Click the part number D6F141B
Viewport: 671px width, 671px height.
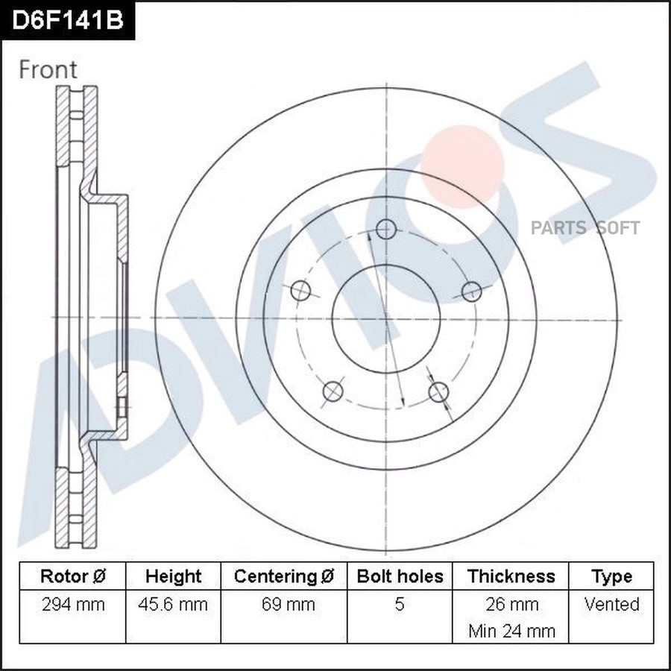(67, 20)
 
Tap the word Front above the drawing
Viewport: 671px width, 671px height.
(48, 69)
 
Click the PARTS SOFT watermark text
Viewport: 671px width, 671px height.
(585, 228)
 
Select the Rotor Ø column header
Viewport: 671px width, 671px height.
(72, 576)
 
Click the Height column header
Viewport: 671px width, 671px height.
(173, 576)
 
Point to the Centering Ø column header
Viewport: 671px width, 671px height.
(284, 576)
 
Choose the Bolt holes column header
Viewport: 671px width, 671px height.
(400, 576)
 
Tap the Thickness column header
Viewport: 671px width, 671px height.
(511, 576)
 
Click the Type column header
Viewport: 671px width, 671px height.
(611, 576)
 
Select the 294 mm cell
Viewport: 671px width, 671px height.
(72, 604)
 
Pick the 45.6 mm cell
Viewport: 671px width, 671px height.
(173, 604)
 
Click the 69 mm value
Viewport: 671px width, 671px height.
(284, 604)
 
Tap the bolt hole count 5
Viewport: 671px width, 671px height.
(400, 604)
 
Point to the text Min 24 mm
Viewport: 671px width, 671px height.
(511, 631)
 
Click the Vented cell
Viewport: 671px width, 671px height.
(611, 604)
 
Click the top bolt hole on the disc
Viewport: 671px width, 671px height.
(386, 229)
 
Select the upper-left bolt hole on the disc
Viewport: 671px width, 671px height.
(300, 291)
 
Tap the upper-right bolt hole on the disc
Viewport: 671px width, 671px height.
(471, 291)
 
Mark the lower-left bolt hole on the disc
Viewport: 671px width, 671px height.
(333, 391)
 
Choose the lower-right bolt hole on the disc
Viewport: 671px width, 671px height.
(439, 391)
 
